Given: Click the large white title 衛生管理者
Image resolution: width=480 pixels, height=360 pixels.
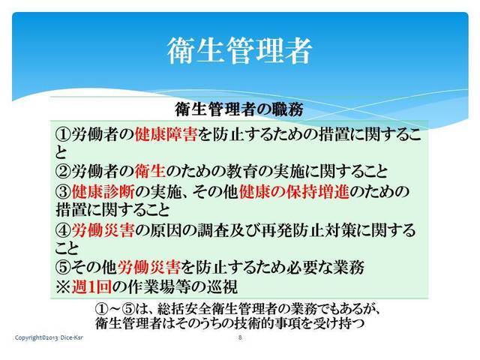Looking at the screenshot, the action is tap(239, 51).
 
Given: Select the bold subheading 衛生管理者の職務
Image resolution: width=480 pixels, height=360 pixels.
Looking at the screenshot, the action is tap(239, 109).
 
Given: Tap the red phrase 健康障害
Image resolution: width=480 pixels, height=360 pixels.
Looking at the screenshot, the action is tap(166, 134).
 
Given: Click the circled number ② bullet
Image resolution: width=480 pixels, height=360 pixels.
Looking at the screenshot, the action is tap(63, 172).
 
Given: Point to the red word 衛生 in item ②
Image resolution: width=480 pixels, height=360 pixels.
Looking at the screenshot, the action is tap(150, 172).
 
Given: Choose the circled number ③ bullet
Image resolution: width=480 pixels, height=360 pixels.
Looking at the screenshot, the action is tap(63, 192).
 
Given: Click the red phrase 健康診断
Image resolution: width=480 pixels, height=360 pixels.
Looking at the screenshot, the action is tap(103, 192).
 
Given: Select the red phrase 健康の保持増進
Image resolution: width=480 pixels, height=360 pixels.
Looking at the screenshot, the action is tap(294, 192).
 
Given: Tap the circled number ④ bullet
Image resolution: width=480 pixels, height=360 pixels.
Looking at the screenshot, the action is tap(63, 230).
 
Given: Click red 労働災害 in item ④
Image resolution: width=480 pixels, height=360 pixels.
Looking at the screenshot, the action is tap(103, 230).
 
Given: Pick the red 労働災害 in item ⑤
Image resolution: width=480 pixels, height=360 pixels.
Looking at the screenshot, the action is tap(148, 268).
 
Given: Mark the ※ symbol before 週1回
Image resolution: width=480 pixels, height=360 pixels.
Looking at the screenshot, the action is tap(63, 287).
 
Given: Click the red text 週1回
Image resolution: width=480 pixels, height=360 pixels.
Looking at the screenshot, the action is tap(91, 287).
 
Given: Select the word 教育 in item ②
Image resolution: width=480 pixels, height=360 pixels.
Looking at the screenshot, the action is tap(241, 172).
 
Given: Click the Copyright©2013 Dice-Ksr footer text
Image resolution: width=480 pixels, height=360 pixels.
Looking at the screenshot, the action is tap(49, 337).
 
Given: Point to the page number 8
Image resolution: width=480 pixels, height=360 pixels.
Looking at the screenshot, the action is tap(240, 337).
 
